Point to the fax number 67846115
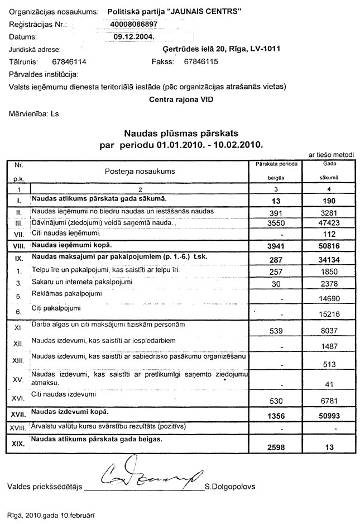pos(200,61)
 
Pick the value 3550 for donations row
pos(277,222)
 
